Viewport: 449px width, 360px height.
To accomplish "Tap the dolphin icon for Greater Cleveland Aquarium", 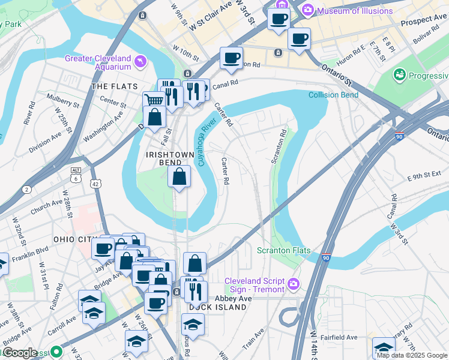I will pyautogui.click(x=140, y=61).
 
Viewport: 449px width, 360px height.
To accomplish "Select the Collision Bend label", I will pyautogui.click(x=333, y=95).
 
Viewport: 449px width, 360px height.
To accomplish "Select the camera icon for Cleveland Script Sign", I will pyautogui.click(x=294, y=283).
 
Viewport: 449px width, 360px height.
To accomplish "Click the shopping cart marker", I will pyautogui.click(x=154, y=100).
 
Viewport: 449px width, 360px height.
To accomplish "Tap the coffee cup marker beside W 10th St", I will pyautogui.click(x=231, y=58).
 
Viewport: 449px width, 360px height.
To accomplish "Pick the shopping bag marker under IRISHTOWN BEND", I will pyautogui.click(x=179, y=176).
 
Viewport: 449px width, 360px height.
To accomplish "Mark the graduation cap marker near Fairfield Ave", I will pyautogui.click(x=383, y=347).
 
